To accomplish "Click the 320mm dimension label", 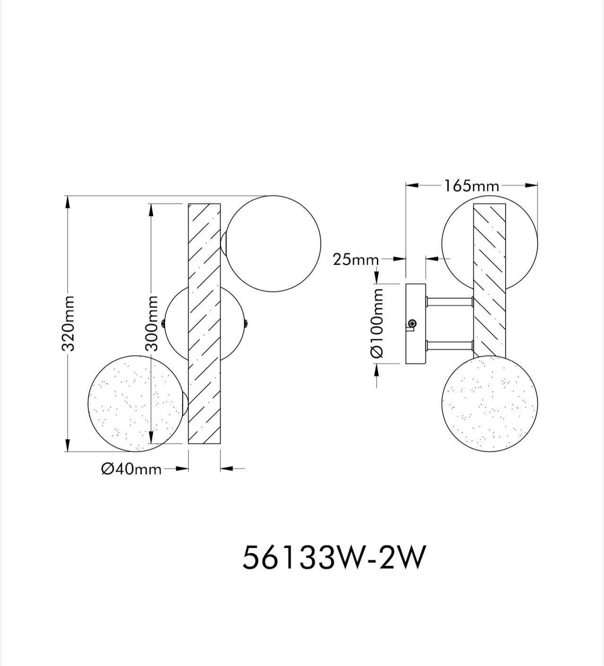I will pos(68,323).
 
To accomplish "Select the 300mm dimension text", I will pos(151,323).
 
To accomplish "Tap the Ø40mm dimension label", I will pos(131,469).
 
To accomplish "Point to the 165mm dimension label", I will pos(471,186).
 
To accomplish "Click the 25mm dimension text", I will pos(356,259).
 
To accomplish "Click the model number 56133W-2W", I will pos(334,558).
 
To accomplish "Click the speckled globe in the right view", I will pos(490,403).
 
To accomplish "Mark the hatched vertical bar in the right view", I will pos(489,279).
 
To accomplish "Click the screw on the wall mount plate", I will pos(413,323).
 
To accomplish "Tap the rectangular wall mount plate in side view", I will pos(416,323).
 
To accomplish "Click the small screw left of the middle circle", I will pos(163,323).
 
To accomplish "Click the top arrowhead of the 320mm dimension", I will pos(68,201).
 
